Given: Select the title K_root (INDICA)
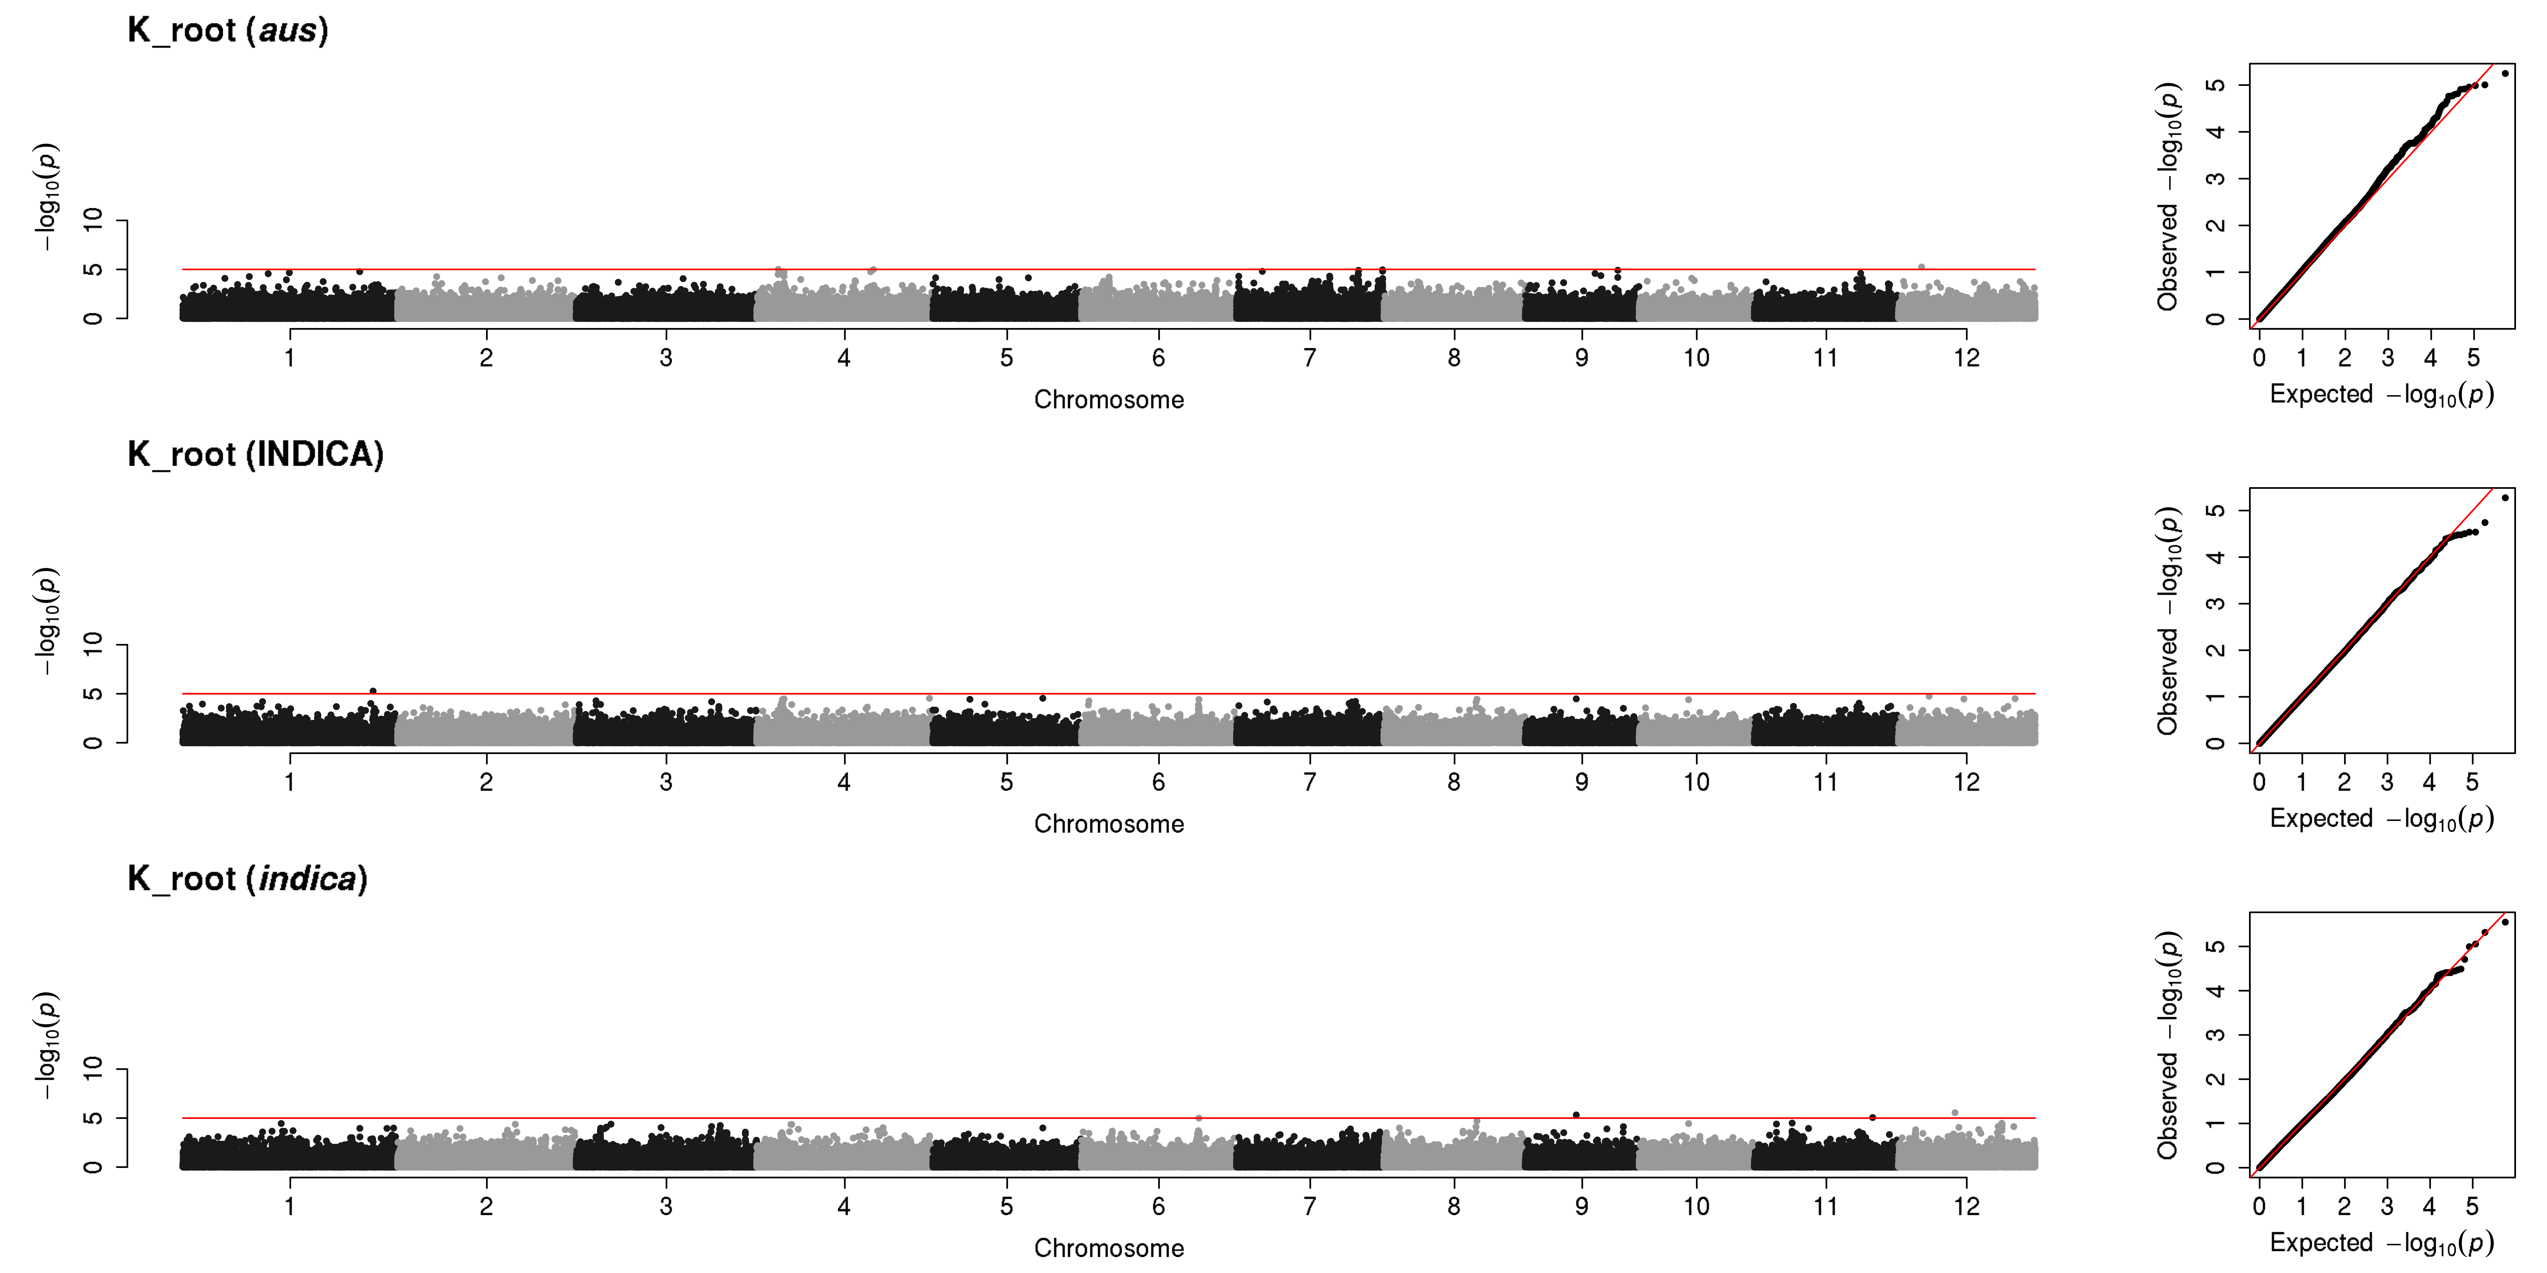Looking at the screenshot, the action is coord(255,455).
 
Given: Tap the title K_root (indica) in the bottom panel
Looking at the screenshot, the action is coord(247,879).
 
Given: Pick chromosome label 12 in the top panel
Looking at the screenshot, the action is coord(1966,358).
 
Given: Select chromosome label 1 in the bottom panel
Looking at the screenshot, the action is coord(290,1206).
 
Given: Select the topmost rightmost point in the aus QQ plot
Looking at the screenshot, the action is coord(2505,73).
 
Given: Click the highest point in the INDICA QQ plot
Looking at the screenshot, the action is coord(2505,497).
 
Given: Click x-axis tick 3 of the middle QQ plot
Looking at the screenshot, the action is coord(2387,782).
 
